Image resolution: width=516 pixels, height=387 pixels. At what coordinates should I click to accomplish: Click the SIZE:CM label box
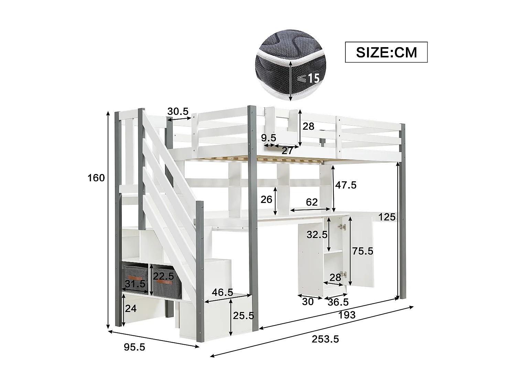pyautogui.click(x=386, y=52)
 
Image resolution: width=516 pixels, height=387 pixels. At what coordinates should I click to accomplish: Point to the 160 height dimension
pyautogui.click(x=96, y=178)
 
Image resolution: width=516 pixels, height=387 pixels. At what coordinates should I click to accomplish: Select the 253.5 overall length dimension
pyautogui.click(x=325, y=339)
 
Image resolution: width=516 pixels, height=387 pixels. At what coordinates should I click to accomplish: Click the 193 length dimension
pyautogui.click(x=347, y=315)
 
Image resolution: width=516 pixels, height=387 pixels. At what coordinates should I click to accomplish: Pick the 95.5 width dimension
pyautogui.click(x=134, y=347)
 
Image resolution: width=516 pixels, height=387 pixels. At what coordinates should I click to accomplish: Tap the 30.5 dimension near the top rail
pyautogui.click(x=178, y=111)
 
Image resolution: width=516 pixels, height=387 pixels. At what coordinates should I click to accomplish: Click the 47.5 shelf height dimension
pyautogui.click(x=346, y=185)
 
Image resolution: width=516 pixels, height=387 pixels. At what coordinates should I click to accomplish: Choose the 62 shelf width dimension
pyautogui.click(x=312, y=202)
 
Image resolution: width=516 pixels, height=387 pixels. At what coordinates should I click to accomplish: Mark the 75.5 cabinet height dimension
pyautogui.click(x=362, y=251)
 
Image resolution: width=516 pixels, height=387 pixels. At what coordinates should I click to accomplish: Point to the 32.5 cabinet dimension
pyautogui.click(x=317, y=235)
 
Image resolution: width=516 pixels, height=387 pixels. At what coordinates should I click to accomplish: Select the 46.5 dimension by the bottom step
pyautogui.click(x=222, y=293)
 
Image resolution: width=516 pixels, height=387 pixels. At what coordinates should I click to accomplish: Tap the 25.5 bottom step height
pyautogui.click(x=243, y=315)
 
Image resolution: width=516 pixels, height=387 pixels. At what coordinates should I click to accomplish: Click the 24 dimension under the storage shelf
pyautogui.click(x=131, y=309)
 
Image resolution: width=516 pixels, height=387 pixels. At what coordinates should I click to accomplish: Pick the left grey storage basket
pyautogui.click(x=135, y=279)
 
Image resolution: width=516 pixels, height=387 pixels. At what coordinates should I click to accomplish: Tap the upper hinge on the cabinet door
pyautogui.click(x=342, y=226)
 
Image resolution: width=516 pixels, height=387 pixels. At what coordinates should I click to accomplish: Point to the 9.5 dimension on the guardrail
pyautogui.click(x=268, y=138)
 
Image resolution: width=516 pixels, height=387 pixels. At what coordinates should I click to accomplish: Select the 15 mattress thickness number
pyautogui.click(x=313, y=79)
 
